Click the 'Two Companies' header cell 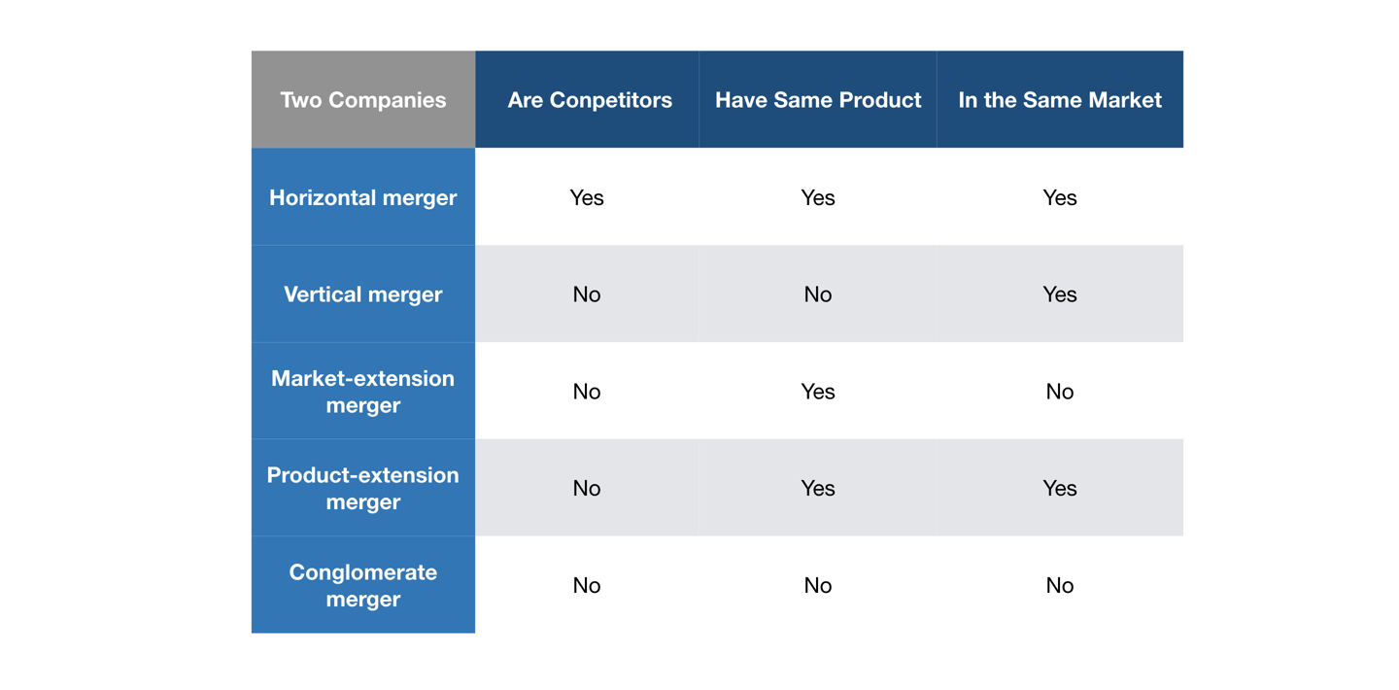click(362, 100)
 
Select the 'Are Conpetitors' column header click(589, 100)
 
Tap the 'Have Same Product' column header click(817, 100)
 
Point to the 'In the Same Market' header click(1059, 100)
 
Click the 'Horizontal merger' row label click(362, 197)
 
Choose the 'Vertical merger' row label click(362, 294)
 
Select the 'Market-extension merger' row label click(362, 392)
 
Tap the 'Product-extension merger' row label click(362, 488)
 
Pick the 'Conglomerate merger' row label click(362, 585)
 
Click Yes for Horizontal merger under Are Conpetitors click(587, 197)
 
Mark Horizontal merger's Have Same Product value click(817, 197)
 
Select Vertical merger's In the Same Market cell click(1059, 294)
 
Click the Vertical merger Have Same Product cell click(817, 294)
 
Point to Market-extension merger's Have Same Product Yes click(817, 392)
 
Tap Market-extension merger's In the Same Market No click(1059, 392)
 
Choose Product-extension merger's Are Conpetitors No click(587, 488)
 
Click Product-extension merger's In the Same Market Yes click(1059, 488)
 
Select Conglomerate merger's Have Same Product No click(817, 585)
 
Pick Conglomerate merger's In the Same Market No click(1059, 585)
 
